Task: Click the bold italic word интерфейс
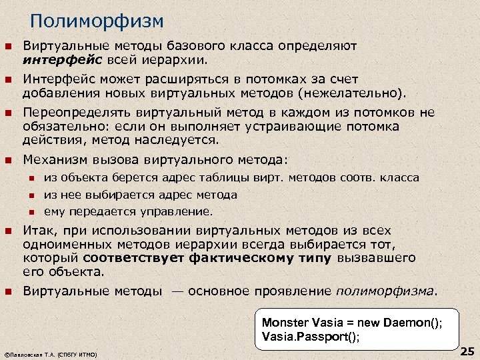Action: pos(59,60)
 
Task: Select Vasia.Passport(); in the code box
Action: pos(311,337)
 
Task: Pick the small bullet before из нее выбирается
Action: pos(31,195)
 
